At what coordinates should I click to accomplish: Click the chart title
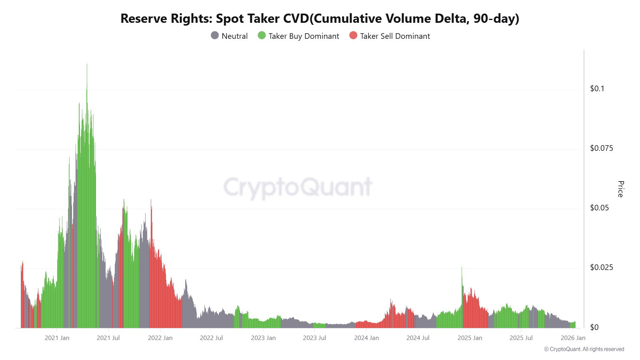(320, 18)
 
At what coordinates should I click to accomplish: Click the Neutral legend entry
(234, 36)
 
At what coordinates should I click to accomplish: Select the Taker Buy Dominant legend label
(304, 36)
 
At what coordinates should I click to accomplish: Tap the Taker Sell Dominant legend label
(395, 36)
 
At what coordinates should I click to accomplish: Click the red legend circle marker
(353, 36)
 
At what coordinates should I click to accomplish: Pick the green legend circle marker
(262, 36)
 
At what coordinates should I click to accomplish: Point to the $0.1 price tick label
(597, 88)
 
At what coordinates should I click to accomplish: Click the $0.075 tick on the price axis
(601, 148)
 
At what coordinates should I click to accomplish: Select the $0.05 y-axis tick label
(599, 208)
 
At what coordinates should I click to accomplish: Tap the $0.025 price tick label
(601, 267)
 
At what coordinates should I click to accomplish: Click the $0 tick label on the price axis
(594, 327)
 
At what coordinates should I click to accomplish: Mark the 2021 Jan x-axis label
(57, 338)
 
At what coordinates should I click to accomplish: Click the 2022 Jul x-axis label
(211, 338)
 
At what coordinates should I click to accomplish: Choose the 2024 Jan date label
(366, 338)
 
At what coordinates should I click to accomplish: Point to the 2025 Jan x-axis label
(470, 338)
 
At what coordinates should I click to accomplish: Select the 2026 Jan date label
(573, 338)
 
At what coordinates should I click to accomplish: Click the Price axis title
(620, 189)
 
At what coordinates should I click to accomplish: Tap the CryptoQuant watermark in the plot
(298, 187)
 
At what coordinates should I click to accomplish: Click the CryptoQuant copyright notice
(584, 349)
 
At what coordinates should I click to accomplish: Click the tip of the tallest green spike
(87, 64)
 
